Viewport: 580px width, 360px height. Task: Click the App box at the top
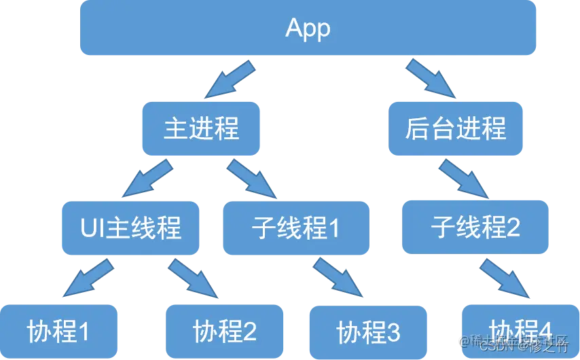point(308,28)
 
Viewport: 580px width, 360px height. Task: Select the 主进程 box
point(201,128)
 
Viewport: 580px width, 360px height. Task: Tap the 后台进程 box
point(455,128)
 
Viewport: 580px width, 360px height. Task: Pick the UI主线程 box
point(130,228)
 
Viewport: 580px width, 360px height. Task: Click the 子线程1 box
point(295,228)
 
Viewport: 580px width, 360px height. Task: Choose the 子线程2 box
point(475,226)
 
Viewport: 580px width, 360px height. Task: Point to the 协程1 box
point(58,331)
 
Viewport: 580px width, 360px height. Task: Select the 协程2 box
point(224,331)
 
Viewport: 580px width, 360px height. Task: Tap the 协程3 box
point(368,332)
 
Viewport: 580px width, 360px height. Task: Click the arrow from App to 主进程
point(231,79)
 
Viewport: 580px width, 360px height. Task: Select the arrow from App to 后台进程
point(430,78)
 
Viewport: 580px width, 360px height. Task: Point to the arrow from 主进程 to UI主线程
point(147,179)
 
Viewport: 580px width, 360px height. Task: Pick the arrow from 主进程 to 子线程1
point(253,179)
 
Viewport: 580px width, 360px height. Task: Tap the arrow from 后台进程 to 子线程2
point(464,178)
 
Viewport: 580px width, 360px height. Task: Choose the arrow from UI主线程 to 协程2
point(194,278)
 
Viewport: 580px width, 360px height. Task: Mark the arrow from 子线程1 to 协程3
point(338,278)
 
